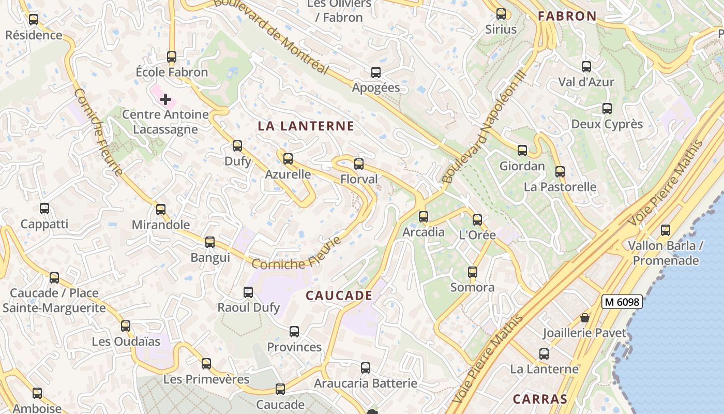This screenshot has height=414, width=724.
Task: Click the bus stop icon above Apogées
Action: [x=376, y=72]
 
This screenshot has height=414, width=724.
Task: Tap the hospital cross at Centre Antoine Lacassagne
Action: [x=165, y=99]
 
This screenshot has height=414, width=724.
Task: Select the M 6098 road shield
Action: [x=622, y=302]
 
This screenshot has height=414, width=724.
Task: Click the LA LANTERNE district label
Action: [x=306, y=126]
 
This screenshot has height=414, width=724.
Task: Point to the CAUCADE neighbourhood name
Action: [x=339, y=295]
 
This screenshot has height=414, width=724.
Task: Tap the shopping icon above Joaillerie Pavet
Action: [x=585, y=318]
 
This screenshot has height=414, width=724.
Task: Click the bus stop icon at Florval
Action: [x=359, y=164]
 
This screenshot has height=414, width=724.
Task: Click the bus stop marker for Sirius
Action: [x=501, y=14]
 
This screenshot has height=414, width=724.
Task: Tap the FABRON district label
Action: [x=567, y=16]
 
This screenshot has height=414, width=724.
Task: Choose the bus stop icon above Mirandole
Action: [x=161, y=210]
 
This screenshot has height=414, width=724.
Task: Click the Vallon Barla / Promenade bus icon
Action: [x=666, y=230]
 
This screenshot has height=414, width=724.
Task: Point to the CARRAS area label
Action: [x=540, y=399]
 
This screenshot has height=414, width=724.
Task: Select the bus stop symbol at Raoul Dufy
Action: [x=248, y=292]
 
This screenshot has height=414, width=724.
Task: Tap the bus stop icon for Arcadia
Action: [x=424, y=216]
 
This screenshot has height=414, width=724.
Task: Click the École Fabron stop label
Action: [x=172, y=72]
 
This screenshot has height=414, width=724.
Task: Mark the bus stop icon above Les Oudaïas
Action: [x=126, y=326]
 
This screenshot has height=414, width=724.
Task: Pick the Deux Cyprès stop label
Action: [x=607, y=124]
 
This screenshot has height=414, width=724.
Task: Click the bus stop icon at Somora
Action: [x=472, y=272]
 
